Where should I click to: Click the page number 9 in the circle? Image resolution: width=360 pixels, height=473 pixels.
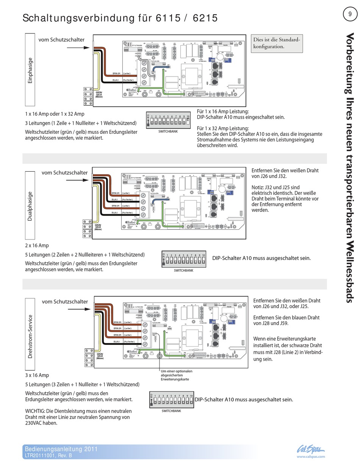[x=350, y=14]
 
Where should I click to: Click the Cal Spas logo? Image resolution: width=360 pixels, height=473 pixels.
[x=310, y=450]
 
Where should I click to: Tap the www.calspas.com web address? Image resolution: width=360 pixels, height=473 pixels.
[x=311, y=457]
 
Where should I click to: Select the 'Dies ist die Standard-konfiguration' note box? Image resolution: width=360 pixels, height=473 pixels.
[x=277, y=43]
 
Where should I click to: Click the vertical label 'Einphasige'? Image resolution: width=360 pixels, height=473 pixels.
[x=30, y=70]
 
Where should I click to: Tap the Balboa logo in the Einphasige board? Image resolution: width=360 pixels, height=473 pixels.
[x=131, y=90]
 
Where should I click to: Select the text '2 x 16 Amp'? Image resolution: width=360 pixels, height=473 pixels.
[x=37, y=246]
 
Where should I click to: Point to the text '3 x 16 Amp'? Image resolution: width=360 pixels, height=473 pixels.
[x=37, y=375]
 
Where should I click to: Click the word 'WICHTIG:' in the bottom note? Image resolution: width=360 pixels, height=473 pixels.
[x=35, y=411]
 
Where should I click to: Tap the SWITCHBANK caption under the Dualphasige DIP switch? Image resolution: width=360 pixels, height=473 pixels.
[x=183, y=271]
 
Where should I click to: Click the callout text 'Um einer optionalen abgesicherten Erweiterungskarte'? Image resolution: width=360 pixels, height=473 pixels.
[x=176, y=375]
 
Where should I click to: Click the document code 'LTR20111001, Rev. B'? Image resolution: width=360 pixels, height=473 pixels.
[x=48, y=456]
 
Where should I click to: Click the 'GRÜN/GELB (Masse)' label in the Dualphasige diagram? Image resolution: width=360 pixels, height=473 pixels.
[x=98, y=227]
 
